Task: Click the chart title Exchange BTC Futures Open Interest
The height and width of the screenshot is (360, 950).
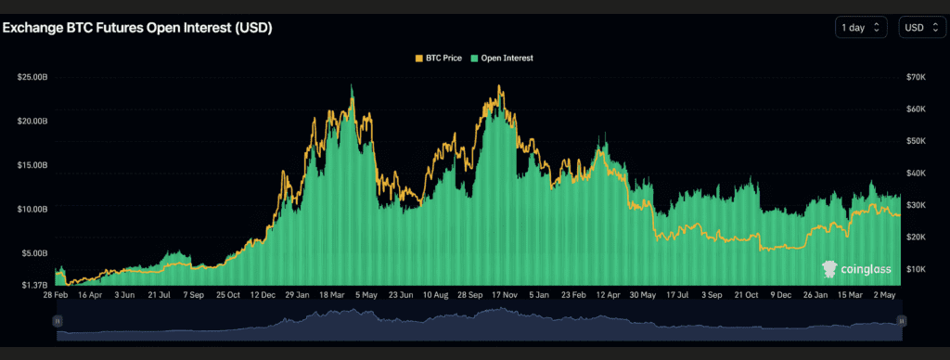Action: tap(137, 28)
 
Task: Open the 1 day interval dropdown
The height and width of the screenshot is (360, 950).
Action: tap(862, 28)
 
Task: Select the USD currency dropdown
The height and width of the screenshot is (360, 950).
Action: tap(921, 28)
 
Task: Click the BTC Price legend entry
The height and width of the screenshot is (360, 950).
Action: tap(441, 58)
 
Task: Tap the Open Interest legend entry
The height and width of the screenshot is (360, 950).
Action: tap(506, 58)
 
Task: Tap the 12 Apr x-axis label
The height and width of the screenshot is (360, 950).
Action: tap(607, 295)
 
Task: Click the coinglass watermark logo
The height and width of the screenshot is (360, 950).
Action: tap(856, 269)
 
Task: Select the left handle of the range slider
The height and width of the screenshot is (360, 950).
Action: tap(57, 320)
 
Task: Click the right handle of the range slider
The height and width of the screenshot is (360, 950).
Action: tap(899, 320)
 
